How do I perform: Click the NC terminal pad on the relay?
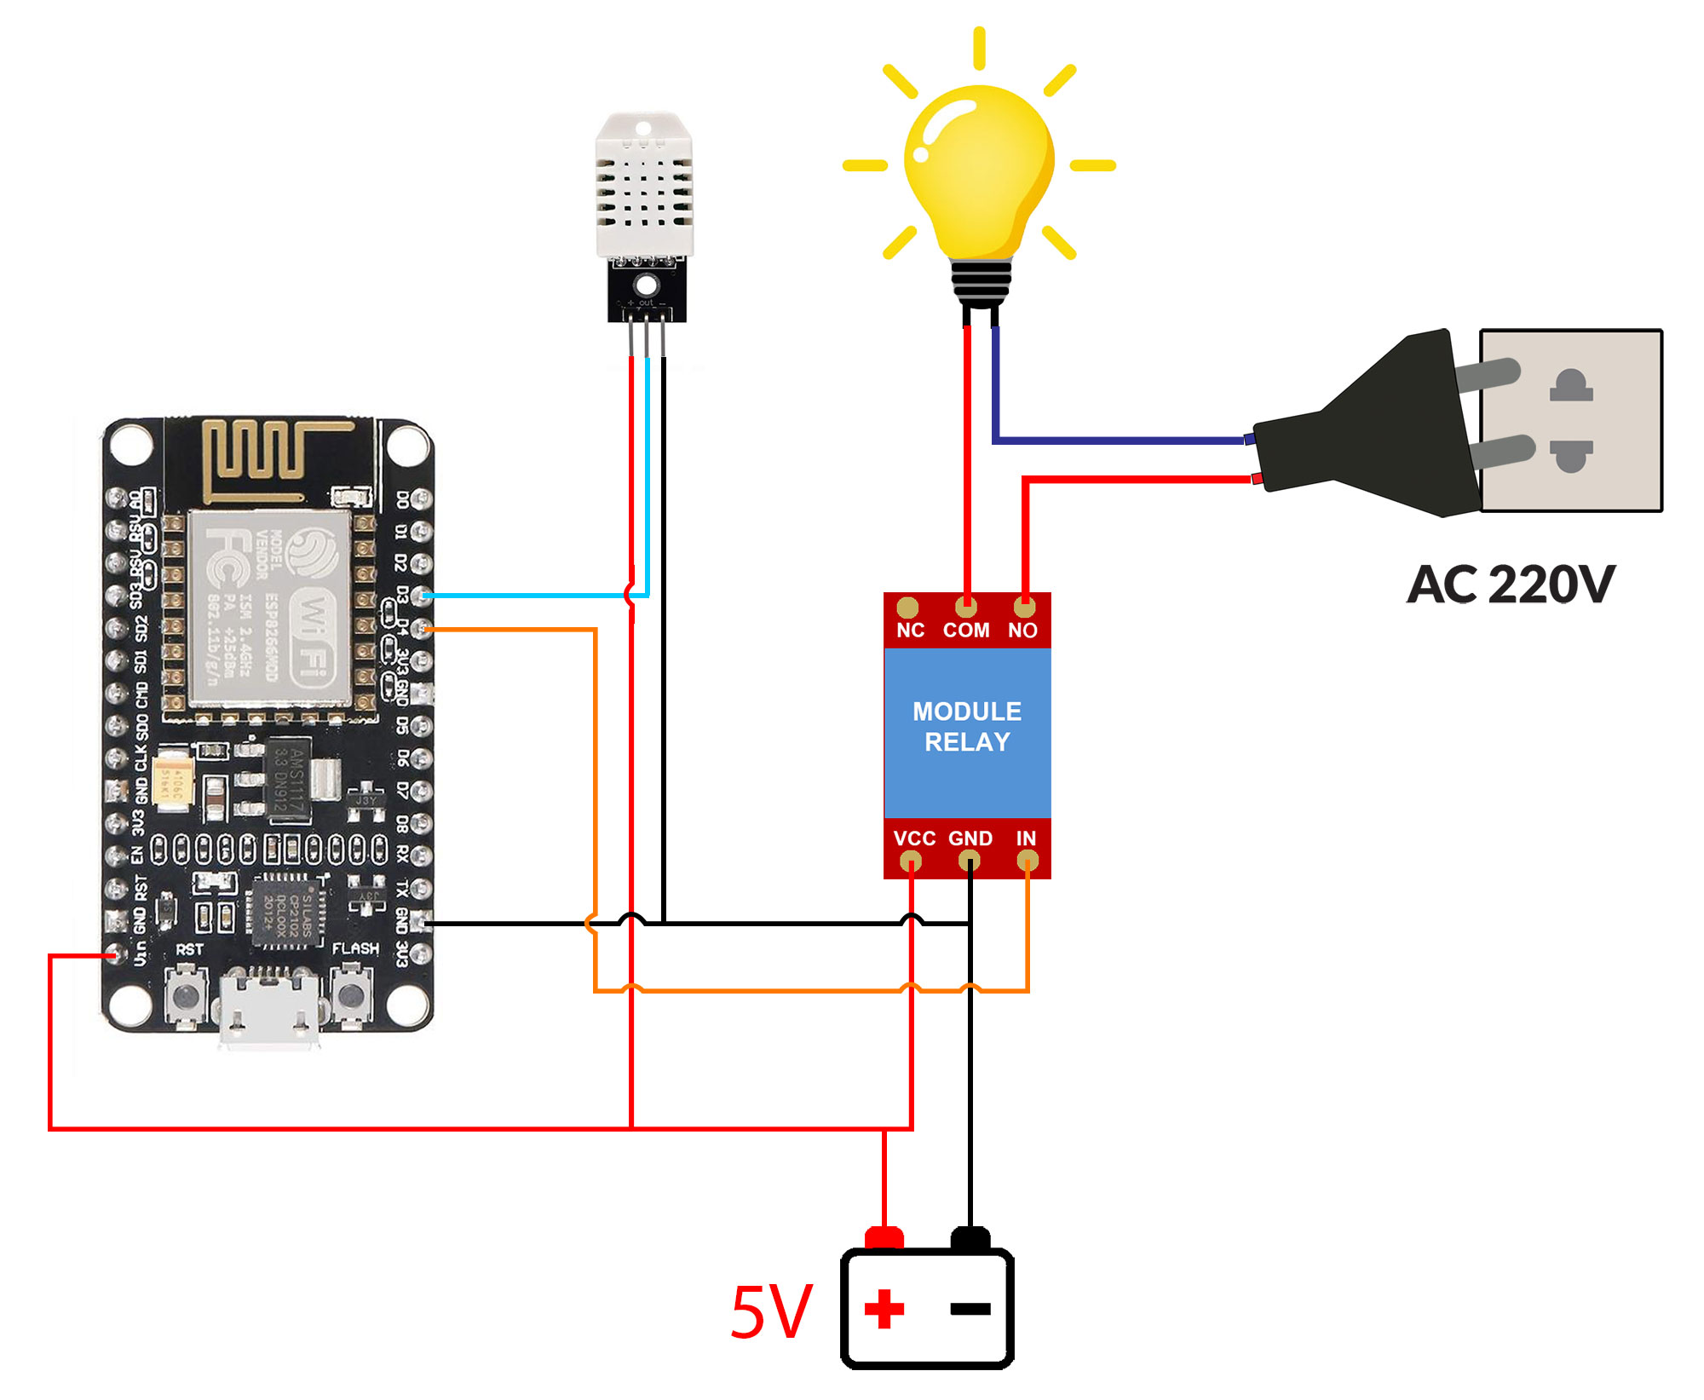tap(907, 608)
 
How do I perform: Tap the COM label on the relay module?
tap(965, 631)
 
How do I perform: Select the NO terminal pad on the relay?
tap(1024, 608)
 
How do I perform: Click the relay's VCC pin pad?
tap(911, 861)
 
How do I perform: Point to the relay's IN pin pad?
tap(1028, 861)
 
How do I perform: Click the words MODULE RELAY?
tap(967, 727)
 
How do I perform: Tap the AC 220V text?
tap(1510, 585)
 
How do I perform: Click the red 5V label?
tap(772, 1312)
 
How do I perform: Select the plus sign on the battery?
tap(884, 1310)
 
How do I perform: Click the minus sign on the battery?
tap(970, 1310)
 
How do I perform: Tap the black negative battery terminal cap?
tap(970, 1238)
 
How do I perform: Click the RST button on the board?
tap(187, 995)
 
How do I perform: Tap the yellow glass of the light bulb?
tap(980, 170)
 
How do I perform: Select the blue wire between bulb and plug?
tap(1116, 441)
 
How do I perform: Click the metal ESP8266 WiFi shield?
tap(268, 608)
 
